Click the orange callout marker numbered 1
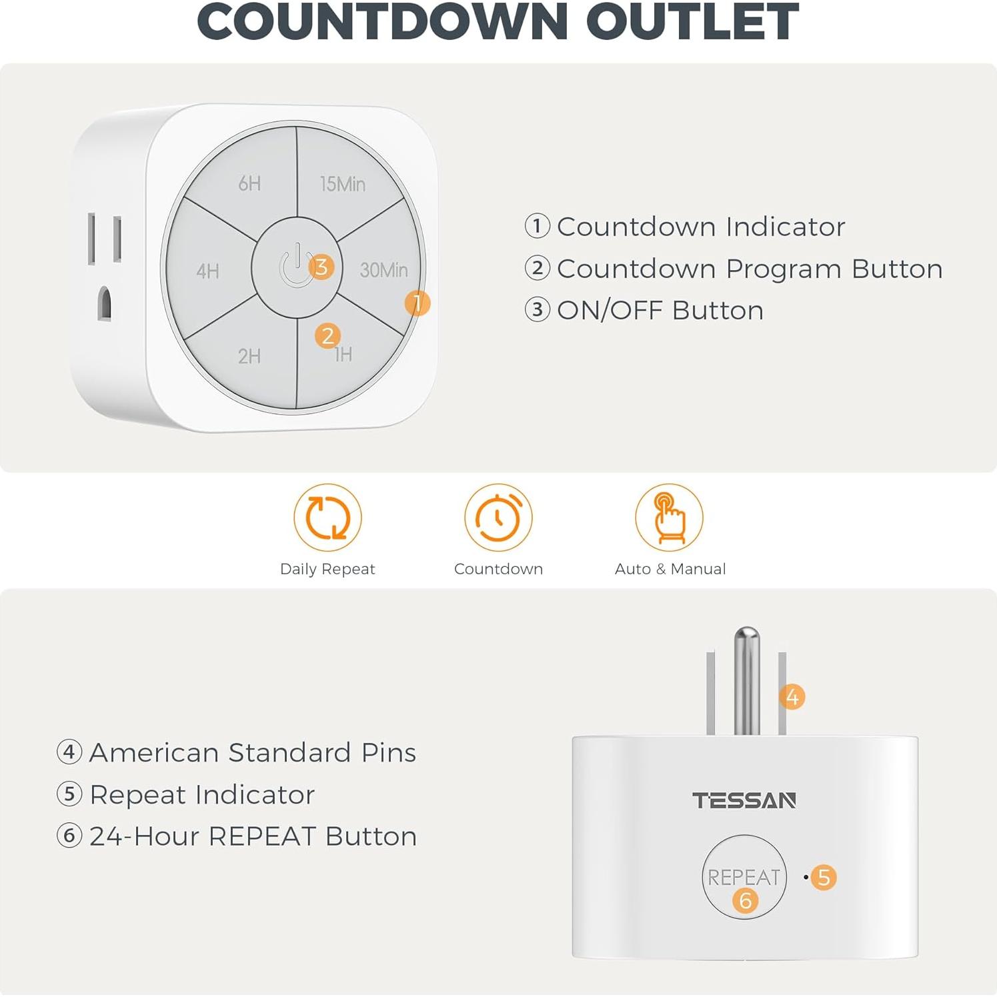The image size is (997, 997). [417, 303]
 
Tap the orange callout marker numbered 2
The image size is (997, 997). [327, 336]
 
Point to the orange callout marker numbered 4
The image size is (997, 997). [792, 698]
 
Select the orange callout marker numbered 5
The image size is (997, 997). [824, 878]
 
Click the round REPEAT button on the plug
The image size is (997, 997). [744, 876]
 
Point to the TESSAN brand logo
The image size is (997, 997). [744, 800]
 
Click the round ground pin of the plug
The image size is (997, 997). [746, 680]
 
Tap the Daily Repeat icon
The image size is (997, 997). [327, 518]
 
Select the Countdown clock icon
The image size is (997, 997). [498, 518]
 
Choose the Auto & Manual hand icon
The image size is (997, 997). [669, 518]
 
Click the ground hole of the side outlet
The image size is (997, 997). [104, 304]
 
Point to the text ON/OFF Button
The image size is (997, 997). [660, 311]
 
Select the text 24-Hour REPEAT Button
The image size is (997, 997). [253, 836]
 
